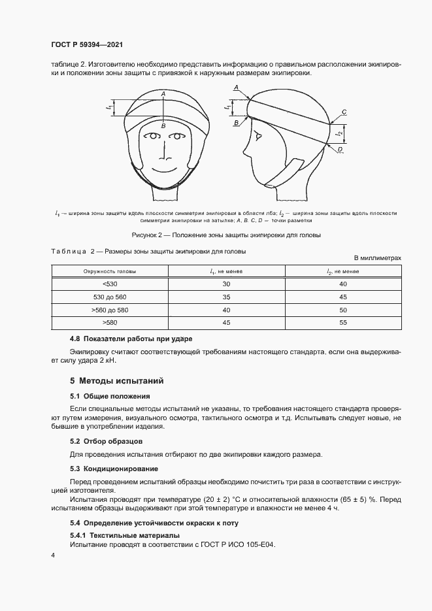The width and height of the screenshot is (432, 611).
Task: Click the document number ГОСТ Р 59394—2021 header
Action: pos(87,44)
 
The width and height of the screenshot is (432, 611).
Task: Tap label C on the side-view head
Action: pos(344,112)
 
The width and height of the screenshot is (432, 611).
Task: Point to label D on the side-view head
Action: pos(340,150)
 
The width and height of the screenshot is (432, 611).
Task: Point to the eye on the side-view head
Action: pos(258,137)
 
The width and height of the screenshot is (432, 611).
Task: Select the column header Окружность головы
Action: pos(109,271)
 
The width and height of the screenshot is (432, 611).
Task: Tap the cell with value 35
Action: pos(225,296)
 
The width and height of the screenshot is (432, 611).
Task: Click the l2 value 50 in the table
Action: pos(342,309)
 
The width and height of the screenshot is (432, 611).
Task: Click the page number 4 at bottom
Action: pos(53,555)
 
